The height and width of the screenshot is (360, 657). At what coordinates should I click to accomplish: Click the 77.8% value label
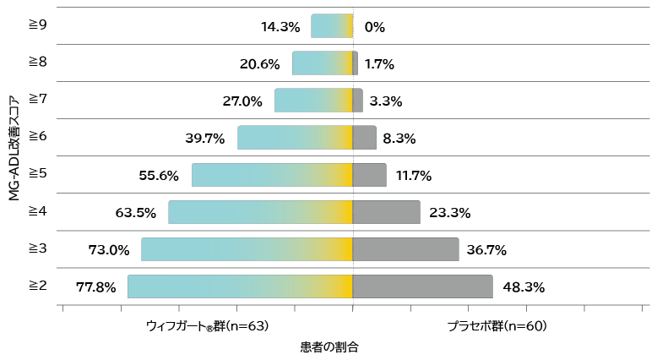coord(95,286)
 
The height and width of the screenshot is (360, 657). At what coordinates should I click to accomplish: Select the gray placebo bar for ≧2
coord(422,286)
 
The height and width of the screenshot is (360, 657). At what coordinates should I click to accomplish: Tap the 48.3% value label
coord(524,286)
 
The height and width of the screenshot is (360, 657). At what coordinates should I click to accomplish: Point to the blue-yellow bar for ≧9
coord(331,26)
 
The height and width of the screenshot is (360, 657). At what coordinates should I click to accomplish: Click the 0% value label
coord(374,26)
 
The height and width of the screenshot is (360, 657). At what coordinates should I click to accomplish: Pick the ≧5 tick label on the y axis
coord(37,174)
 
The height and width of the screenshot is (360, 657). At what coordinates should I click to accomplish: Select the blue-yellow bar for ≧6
coord(294,138)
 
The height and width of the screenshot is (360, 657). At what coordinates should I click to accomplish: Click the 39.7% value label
coord(204,138)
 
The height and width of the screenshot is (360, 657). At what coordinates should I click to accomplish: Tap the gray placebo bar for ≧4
coord(386,212)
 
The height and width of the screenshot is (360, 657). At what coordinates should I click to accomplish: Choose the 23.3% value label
coord(449,212)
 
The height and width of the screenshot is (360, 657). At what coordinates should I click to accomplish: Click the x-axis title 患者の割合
coord(328,346)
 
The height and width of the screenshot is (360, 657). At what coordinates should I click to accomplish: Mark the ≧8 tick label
coord(37,63)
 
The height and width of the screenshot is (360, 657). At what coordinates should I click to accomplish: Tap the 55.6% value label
coord(159,175)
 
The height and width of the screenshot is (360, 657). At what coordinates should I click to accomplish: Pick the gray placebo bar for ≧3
coord(405,249)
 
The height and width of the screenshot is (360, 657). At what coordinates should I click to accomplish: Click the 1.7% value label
coord(379,63)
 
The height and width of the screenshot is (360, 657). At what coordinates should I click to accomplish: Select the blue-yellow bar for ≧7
coord(312,101)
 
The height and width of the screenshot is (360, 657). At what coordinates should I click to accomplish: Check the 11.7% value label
coord(414,175)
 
